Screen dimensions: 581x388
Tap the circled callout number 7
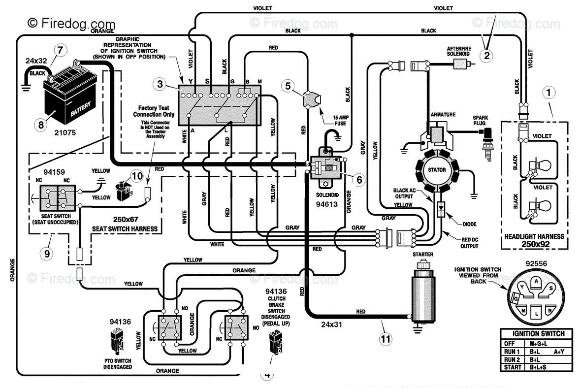(x=61, y=50)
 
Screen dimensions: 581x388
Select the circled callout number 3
(x=160, y=84)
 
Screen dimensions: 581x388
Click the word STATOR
(x=437, y=170)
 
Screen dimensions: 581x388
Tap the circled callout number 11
(x=386, y=339)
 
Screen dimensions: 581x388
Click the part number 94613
(x=326, y=204)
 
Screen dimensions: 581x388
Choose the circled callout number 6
(x=359, y=180)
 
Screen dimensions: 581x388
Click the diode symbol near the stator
(x=441, y=209)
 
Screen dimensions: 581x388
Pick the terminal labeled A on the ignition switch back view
(x=536, y=281)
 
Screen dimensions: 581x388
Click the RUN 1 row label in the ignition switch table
(x=512, y=351)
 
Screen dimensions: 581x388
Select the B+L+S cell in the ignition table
(x=538, y=367)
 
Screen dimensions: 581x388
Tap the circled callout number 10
(x=137, y=176)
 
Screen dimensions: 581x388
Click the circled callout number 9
(x=47, y=254)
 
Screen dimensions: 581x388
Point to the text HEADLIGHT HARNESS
(x=534, y=236)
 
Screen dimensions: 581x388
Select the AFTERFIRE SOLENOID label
(x=459, y=51)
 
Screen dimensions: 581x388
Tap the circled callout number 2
(x=486, y=56)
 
